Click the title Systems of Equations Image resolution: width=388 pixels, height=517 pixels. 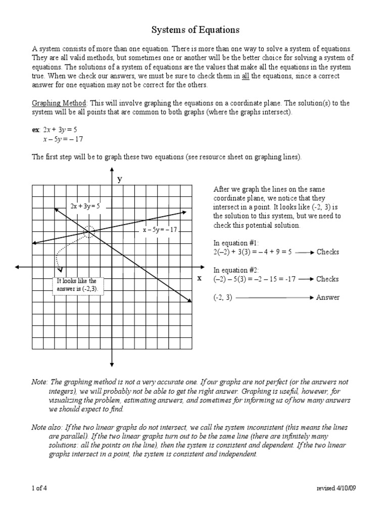[x=195, y=30]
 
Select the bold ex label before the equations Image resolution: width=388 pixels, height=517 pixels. [x=36, y=130]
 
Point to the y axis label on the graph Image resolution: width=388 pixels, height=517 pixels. [x=120, y=179]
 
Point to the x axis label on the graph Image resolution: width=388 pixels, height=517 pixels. [x=199, y=278]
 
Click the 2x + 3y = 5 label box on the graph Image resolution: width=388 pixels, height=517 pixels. [x=85, y=206]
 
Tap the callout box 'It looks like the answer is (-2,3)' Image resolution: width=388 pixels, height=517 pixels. [x=77, y=285]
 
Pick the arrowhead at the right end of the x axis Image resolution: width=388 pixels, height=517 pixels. [x=205, y=267]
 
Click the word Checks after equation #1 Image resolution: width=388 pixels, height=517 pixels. [x=327, y=252]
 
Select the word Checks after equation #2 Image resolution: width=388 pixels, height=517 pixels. [x=327, y=279]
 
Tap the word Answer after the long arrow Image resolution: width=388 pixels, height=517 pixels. [x=328, y=297]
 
